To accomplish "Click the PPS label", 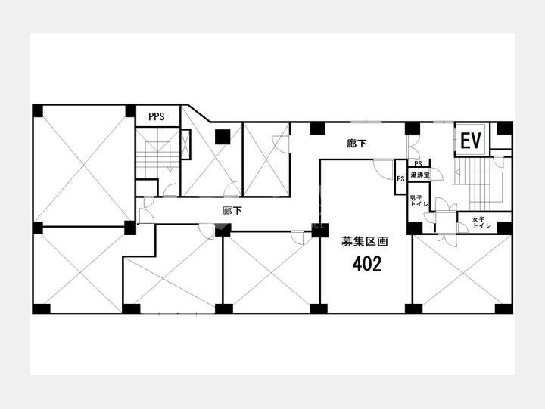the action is tap(157, 116).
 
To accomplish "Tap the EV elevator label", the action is tap(471, 141).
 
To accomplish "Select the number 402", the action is tap(367, 264).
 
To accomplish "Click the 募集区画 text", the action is tap(364, 242).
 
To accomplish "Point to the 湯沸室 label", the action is tap(420, 175).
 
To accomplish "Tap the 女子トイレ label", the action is tap(481, 222).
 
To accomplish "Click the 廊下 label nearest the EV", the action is tap(357, 144).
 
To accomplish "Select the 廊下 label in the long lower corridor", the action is tap(232, 211).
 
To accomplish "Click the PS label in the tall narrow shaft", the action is tap(400, 179).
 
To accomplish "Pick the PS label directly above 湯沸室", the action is tap(418, 163).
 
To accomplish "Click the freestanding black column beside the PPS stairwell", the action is tap(223, 137).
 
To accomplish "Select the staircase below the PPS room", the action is tap(157, 153).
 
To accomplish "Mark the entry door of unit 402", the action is tap(383, 169).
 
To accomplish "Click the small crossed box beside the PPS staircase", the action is tap(185, 144).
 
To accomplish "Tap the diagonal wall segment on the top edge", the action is tap(199, 113).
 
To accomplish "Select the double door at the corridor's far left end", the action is tap(146, 211).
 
